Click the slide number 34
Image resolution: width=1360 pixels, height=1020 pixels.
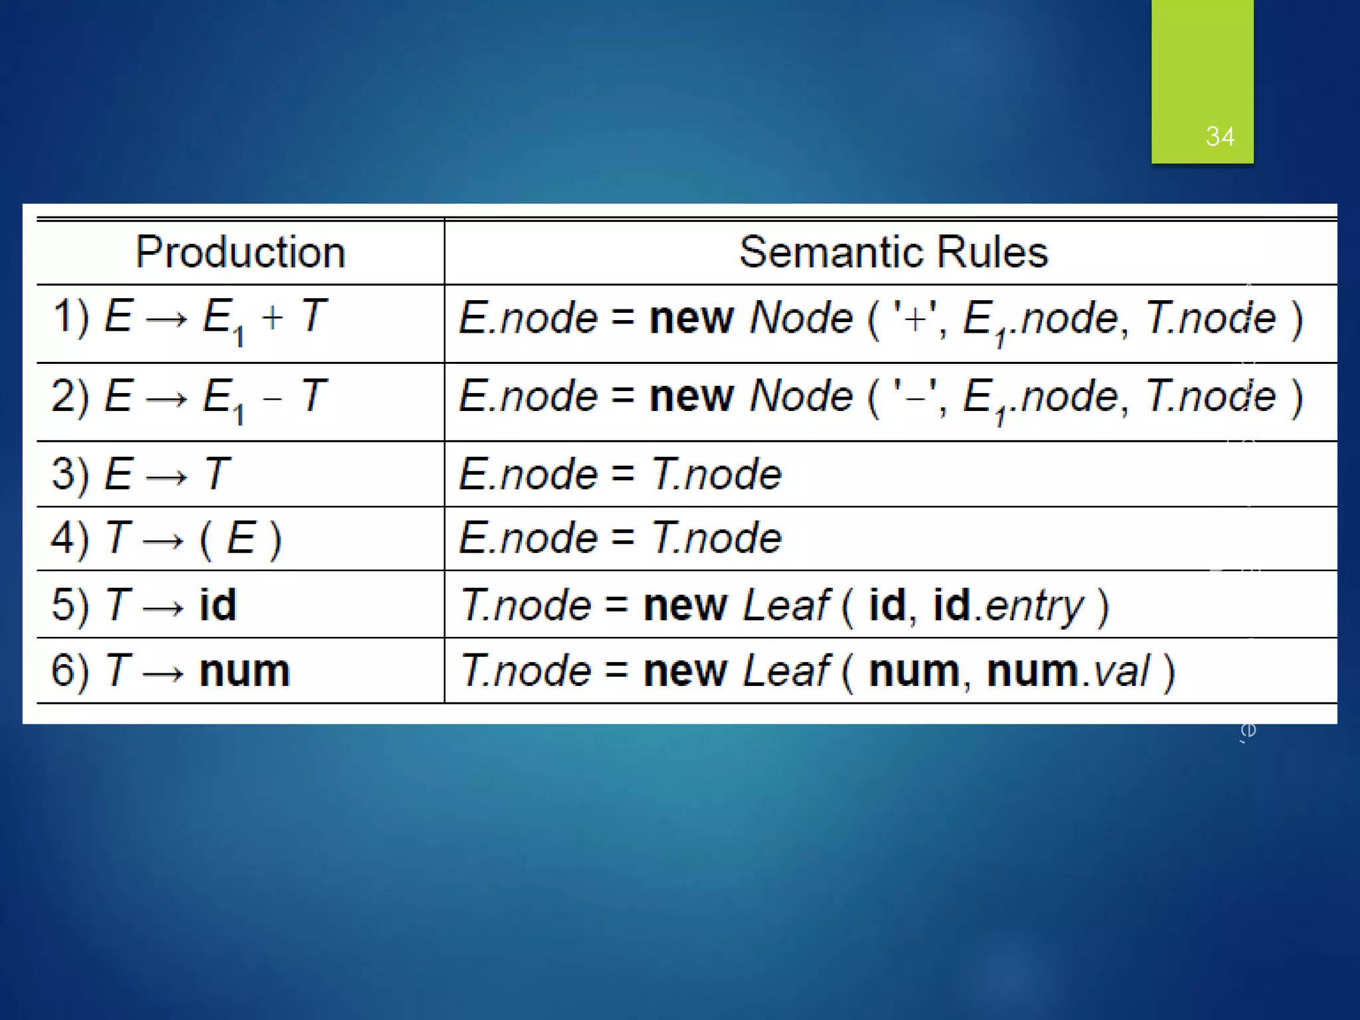(x=1219, y=137)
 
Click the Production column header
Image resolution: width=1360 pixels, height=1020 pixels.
(x=240, y=252)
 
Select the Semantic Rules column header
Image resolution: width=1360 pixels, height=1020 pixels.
(x=893, y=252)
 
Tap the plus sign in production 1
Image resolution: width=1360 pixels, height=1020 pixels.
(x=272, y=317)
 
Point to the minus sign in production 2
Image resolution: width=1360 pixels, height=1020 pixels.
(x=272, y=398)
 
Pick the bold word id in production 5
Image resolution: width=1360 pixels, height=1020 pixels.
(x=218, y=605)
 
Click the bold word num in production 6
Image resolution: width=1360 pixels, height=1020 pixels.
(x=244, y=671)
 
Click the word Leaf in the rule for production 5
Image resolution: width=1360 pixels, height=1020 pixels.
(x=786, y=605)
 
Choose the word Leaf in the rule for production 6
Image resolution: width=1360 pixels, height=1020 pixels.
(x=786, y=671)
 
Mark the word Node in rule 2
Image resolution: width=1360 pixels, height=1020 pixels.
(x=801, y=396)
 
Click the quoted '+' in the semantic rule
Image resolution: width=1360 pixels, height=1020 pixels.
(x=915, y=317)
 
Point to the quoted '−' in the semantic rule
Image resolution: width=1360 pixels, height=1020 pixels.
(x=915, y=396)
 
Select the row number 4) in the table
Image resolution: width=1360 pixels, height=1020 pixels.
(x=70, y=538)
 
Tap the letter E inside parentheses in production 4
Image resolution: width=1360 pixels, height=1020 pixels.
(x=240, y=538)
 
